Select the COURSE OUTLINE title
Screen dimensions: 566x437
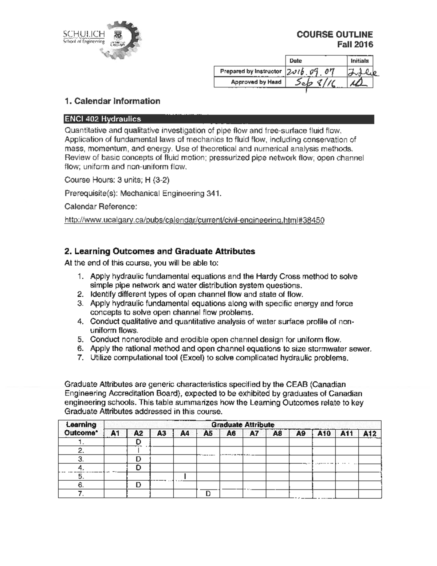pyautogui.click(x=334, y=35)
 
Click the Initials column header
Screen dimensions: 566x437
pyautogui.click(x=359, y=61)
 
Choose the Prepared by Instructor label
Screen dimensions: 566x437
pyautogui.click(x=250, y=71)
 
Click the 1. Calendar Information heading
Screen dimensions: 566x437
pyautogui.click(x=112, y=101)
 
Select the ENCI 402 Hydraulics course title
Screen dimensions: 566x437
pyautogui.click(x=102, y=119)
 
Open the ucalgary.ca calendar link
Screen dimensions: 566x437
pyautogui.click(x=194, y=220)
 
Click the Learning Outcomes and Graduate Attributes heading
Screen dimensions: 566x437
pyautogui.click(x=160, y=251)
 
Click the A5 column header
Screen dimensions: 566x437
pyautogui.click(x=208, y=433)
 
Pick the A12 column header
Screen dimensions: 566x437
pyautogui.click(x=370, y=433)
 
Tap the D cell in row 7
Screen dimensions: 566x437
pyautogui.click(x=208, y=494)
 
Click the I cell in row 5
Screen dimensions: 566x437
pyautogui.click(x=185, y=476)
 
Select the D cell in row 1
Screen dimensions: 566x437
pyautogui.click(x=138, y=442)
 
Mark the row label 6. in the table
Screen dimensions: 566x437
pyautogui.click(x=81, y=485)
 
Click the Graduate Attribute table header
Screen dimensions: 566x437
pyautogui.click(x=243, y=425)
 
